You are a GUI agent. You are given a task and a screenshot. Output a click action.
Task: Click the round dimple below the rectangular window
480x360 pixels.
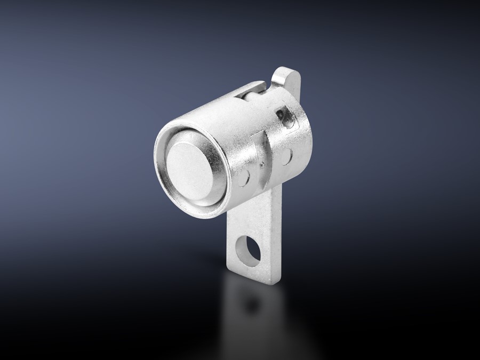point(287,156)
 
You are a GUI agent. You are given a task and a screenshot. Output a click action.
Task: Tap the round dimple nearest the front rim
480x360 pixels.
point(244,178)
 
